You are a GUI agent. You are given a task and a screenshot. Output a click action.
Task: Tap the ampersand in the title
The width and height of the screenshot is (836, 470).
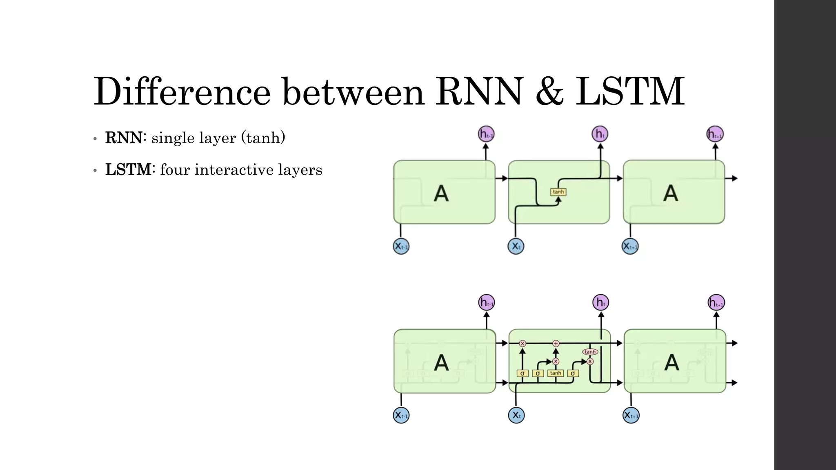pyautogui.click(x=549, y=92)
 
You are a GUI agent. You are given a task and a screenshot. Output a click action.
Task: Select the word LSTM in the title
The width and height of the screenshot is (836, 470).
pyautogui.click(x=630, y=92)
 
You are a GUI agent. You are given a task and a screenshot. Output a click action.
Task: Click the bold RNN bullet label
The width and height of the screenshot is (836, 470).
pyautogui.click(x=124, y=138)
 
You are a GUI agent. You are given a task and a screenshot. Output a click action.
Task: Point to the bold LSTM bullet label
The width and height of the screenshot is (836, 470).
pyautogui.click(x=128, y=170)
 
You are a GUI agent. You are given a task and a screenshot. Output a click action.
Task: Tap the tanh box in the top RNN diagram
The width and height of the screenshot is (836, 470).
pyautogui.click(x=558, y=192)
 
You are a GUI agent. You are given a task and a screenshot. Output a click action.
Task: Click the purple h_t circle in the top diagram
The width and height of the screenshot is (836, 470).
pyautogui.click(x=600, y=134)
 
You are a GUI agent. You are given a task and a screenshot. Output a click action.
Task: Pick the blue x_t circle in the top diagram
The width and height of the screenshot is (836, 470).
pyautogui.click(x=516, y=246)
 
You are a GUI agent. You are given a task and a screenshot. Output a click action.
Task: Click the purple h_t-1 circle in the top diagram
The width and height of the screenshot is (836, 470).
pyautogui.click(x=486, y=134)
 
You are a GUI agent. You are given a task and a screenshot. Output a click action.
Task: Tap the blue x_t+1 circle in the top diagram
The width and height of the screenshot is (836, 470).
pyautogui.click(x=630, y=246)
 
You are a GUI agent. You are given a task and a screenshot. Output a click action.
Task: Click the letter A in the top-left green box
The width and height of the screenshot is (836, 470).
pyautogui.click(x=441, y=193)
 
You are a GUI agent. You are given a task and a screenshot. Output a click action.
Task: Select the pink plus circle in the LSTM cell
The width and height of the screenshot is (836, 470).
pyautogui.click(x=556, y=344)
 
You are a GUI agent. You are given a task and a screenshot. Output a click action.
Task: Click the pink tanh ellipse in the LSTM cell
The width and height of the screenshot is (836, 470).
pyautogui.click(x=590, y=352)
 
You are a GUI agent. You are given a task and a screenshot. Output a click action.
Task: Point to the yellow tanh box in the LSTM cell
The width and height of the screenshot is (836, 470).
pyautogui.click(x=556, y=373)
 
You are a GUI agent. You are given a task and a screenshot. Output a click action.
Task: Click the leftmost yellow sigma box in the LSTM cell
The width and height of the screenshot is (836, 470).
pyautogui.click(x=522, y=373)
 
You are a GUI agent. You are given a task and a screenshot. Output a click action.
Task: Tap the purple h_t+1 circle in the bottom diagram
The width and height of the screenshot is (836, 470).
pyautogui.click(x=716, y=303)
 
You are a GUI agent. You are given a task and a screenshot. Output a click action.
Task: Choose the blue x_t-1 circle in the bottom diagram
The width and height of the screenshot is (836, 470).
pyautogui.click(x=401, y=415)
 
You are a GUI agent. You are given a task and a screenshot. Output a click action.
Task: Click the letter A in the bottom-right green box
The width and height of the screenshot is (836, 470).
pyautogui.click(x=671, y=362)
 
